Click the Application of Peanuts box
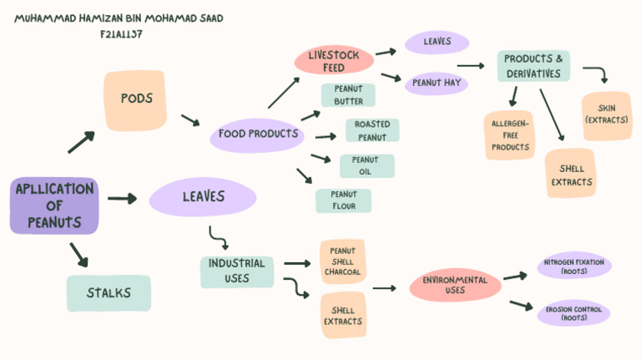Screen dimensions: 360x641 point(54,205)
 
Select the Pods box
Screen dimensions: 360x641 point(137,99)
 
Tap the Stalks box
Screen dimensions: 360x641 point(109,293)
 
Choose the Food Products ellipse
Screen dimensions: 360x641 point(258,134)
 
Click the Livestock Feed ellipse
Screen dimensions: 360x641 point(333,61)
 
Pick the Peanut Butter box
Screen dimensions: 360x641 point(348,95)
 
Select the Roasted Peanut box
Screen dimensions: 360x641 point(371,130)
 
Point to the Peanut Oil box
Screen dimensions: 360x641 point(366,165)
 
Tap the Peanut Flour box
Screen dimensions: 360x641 point(344,200)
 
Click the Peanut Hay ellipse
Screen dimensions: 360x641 point(437,84)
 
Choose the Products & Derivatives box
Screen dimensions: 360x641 point(534,66)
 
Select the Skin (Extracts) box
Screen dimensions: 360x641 point(607,115)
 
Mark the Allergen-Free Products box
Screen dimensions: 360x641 point(510,135)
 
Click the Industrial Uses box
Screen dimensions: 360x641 point(237,271)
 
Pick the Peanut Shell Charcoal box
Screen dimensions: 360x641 point(343,261)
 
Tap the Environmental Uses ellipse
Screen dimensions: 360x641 point(455,286)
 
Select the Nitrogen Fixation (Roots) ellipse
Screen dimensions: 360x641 point(573,266)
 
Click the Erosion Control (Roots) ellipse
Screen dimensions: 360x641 point(573,313)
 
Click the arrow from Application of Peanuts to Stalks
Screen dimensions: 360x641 point(78,254)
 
